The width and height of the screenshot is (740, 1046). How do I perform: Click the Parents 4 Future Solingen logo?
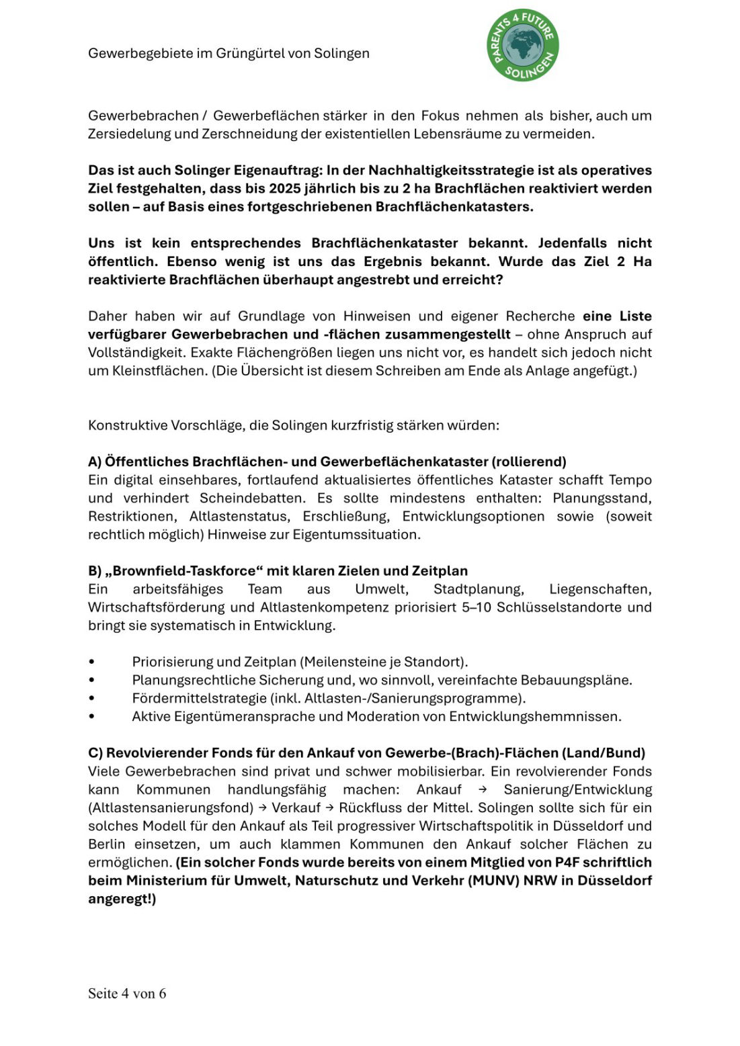(522, 45)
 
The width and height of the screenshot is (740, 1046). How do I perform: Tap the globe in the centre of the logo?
(522, 44)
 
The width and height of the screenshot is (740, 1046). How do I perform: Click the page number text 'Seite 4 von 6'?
(127, 993)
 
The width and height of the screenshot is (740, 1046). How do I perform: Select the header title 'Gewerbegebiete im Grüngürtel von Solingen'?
(229, 53)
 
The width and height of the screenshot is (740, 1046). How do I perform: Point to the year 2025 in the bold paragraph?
(288, 188)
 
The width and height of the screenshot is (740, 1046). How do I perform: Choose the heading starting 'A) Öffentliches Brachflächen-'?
(327, 462)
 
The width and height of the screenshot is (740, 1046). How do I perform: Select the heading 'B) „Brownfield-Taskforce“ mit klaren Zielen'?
(278, 571)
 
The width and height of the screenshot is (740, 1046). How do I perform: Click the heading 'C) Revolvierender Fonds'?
(366, 752)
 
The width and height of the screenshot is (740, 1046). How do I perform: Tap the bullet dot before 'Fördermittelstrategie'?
(91, 699)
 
